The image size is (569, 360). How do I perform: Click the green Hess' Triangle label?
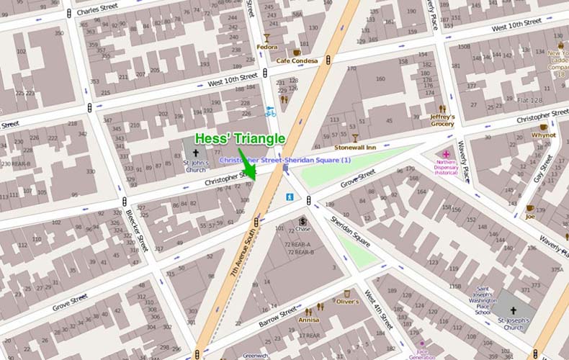(x=240, y=139)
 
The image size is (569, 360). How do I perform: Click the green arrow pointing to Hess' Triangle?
(x=247, y=165)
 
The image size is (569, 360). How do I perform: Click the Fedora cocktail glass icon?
(x=266, y=38)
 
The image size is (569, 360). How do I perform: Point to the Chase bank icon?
(x=303, y=220)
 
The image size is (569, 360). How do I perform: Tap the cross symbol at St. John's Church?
(x=195, y=153)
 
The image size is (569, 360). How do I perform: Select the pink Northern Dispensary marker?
(x=446, y=154)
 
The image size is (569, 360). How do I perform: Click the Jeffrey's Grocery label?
(x=442, y=120)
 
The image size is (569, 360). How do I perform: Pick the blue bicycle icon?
(x=270, y=112)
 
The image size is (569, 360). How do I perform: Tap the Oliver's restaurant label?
(x=347, y=302)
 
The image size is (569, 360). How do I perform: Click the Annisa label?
(x=308, y=319)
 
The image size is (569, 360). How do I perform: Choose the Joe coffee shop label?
(x=529, y=217)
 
